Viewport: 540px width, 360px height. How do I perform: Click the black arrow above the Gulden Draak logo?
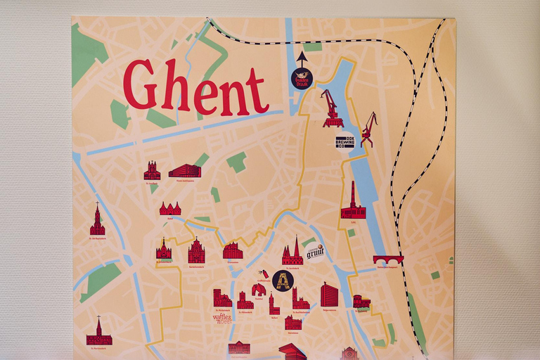coord(302,58)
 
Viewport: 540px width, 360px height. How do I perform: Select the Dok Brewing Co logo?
coord(345,141)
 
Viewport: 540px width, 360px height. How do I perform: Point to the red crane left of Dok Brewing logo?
coord(331,108)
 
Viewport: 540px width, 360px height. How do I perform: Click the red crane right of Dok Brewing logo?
coord(368,130)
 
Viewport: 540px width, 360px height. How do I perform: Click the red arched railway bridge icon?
coord(388,260)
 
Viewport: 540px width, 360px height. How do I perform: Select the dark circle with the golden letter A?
coord(283,280)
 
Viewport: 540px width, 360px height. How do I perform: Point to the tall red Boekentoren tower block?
coord(329,295)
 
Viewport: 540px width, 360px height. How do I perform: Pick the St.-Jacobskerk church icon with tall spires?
coord(292,252)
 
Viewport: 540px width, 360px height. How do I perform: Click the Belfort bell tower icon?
coord(274,304)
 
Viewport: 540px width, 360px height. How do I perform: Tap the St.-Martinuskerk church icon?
coord(98,333)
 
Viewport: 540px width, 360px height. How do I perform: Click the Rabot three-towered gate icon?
coord(170,209)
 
